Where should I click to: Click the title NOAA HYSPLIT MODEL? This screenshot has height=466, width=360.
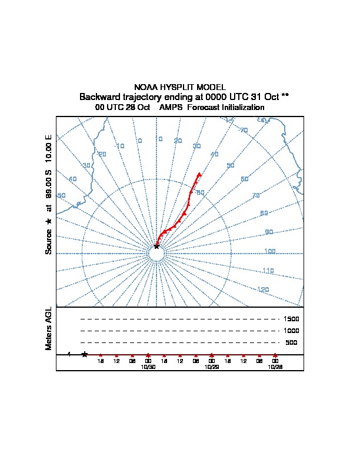[x=180, y=87]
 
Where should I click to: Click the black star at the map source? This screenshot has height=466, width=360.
[x=156, y=247]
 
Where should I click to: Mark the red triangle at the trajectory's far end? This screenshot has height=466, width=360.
[x=199, y=174]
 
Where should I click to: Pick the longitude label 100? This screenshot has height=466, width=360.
[x=270, y=252]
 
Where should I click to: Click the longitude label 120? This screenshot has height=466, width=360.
[x=264, y=289]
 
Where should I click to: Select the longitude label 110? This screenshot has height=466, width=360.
[x=268, y=271]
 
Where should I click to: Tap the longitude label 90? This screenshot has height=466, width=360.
[x=269, y=232]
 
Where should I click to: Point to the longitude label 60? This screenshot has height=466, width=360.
[x=245, y=179]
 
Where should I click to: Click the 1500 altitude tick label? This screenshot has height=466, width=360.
[x=292, y=319]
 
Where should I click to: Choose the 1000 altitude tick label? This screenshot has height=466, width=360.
[x=292, y=331]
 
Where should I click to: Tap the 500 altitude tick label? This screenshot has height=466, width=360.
[x=291, y=342]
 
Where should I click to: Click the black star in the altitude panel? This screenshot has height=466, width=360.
[x=85, y=354]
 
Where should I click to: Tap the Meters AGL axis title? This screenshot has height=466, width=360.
[x=49, y=328]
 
